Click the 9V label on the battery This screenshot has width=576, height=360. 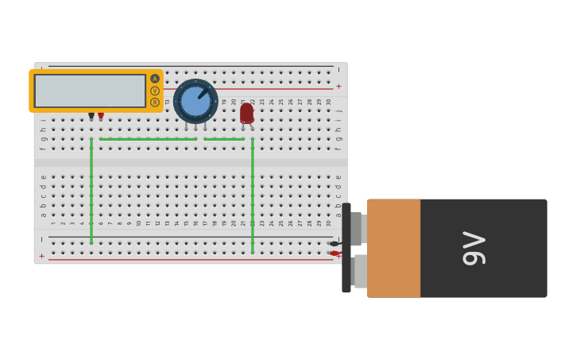pos(474,248)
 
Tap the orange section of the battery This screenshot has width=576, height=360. pos(393,248)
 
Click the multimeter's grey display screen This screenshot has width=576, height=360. pos(90,91)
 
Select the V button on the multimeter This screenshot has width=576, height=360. pos(155,91)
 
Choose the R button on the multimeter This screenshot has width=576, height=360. pos(155,102)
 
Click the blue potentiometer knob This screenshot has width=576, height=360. pos(195,101)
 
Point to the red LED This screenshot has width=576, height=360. pos(246,113)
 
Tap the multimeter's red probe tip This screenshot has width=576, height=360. pos(101,116)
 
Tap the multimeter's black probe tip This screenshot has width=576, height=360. pos(91,116)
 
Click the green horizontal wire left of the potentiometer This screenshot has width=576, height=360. pos(147,139)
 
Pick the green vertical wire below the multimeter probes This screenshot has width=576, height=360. pos(91,191)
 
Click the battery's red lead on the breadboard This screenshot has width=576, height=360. pos(334,254)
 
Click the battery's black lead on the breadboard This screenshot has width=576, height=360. pos(334,244)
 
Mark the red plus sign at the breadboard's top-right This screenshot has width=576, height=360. pos(338,86)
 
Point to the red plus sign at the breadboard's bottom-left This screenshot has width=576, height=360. pos(42,256)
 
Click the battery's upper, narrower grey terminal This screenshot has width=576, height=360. pos(356,229)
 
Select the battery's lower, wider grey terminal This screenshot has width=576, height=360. pos(360,271)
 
